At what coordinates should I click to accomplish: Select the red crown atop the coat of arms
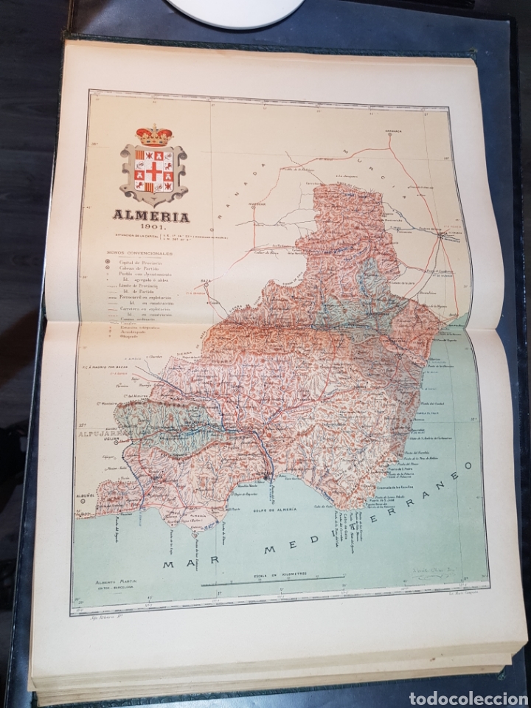(153, 135)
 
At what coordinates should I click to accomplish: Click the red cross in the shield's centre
(153, 171)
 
